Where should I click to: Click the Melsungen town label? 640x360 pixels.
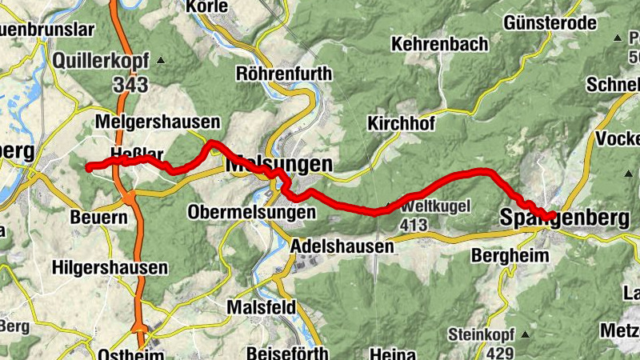(x=278, y=163)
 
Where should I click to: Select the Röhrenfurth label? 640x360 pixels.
(x=284, y=74)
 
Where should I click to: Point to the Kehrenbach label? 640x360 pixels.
(x=439, y=45)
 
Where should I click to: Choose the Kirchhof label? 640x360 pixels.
(x=402, y=124)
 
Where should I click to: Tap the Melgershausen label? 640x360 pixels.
(x=157, y=122)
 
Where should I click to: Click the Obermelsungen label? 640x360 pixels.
(x=252, y=212)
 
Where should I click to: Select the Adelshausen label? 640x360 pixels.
(x=343, y=246)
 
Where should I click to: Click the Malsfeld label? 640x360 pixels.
(x=262, y=307)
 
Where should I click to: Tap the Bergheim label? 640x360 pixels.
(x=510, y=256)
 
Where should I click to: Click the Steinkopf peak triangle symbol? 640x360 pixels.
(x=524, y=333)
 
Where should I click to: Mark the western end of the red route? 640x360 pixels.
(x=87, y=167)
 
